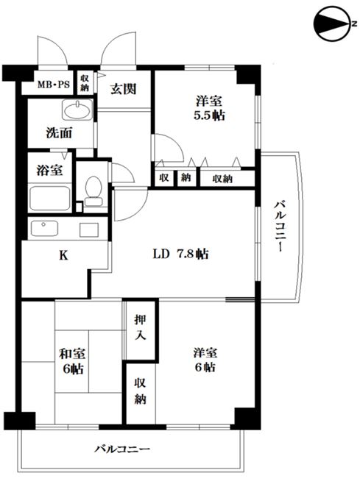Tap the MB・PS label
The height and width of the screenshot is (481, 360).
[x=54, y=84]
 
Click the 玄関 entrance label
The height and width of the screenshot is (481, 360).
[x=124, y=89]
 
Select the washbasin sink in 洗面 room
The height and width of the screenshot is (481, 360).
[x=77, y=110]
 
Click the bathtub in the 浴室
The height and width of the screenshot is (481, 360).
[x=49, y=198]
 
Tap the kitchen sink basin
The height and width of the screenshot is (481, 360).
[x=44, y=228]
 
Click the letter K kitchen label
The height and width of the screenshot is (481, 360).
[x=63, y=255]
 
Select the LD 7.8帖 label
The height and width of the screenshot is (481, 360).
[x=180, y=254]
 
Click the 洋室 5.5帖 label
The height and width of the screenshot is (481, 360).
[x=209, y=107]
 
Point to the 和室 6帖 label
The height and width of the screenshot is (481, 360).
[x=72, y=361]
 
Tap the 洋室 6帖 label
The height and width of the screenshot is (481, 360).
[x=205, y=360]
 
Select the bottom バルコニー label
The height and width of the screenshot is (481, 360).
[x=122, y=449]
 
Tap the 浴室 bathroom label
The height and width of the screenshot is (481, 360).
[x=49, y=170]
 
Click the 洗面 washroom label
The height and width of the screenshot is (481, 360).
[x=59, y=132]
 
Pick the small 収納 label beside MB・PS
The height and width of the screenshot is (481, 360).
[x=85, y=83]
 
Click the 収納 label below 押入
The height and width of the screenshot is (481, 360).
[x=140, y=391]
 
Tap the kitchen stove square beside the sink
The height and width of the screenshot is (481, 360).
[x=89, y=229]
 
